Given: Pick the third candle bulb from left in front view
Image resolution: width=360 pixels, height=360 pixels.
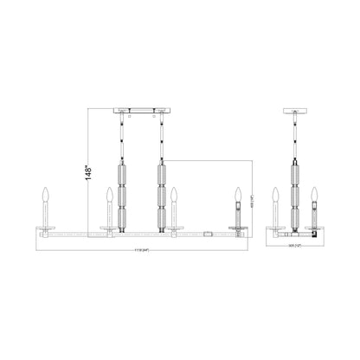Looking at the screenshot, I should [173, 193].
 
